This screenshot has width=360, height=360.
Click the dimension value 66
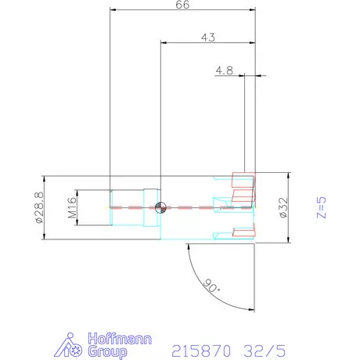click(x=182, y=5)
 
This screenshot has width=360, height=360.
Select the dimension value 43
click(x=208, y=38)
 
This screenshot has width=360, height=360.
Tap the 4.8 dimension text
click(x=225, y=70)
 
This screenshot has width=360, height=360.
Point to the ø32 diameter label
click(x=283, y=207)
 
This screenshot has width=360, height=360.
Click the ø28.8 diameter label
click(x=39, y=207)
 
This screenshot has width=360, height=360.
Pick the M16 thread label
click(x=72, y=207)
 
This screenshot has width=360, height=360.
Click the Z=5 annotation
click(x=321, y=207)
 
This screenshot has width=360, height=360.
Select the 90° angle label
click(x=211, y=286)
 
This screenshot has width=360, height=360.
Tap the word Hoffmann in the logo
click(x=120, y=339)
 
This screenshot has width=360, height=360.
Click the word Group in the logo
click(x=107, y=352)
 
